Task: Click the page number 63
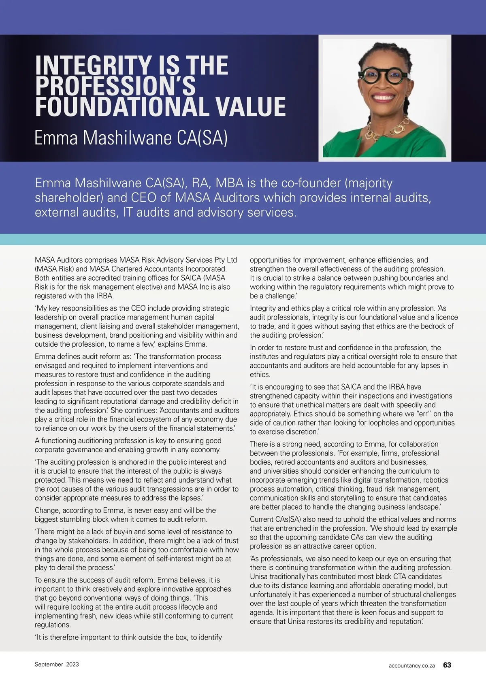pyautogui.click(x=447, y=665)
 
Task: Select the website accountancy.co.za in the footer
pyautogui.click(x=411, y=665)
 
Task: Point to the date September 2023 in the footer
pyautogui.click(x=57, y=664)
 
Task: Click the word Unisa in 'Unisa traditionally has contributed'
pyautogui.click(x=260, y=576)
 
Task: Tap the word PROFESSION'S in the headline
pyautogui.click(x=115, y=86)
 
